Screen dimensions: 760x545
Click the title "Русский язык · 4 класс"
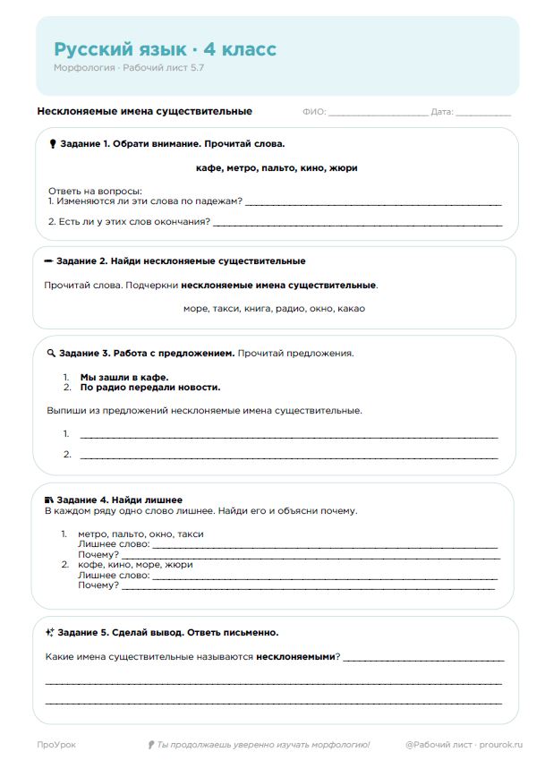pos(165,49)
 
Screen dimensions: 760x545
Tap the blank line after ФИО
pos(378,113)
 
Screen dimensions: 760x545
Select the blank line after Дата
pos(483,113)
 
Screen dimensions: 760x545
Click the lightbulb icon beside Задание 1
pos(53,143)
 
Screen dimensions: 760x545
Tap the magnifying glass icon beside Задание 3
pos(50,353)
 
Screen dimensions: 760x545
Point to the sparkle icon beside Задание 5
pos(50,632)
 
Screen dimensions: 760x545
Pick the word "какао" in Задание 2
pos(351,308)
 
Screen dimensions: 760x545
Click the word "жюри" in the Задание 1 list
pos(344,167)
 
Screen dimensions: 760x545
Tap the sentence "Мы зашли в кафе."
pos(124,377)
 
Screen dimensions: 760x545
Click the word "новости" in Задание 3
pos(200,388)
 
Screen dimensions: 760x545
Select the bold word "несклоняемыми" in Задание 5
pos(294,657)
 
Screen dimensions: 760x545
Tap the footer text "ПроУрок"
pos(55,745)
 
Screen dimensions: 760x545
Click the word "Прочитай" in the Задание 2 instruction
pos(64,285)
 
